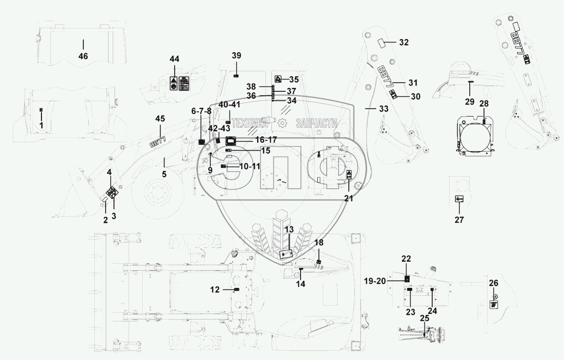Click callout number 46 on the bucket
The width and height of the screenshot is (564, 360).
83,56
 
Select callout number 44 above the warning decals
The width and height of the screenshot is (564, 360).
175,59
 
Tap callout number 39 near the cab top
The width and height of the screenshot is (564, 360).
237,55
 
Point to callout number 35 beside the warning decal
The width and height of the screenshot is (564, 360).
294,79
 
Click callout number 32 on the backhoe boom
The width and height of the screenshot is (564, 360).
404,42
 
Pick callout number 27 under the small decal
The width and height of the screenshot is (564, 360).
459,220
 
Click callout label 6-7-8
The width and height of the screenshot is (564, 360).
201,111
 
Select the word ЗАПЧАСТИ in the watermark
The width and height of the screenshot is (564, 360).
316,123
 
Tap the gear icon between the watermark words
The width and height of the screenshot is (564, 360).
283,123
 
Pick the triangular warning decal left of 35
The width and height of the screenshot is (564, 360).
278,79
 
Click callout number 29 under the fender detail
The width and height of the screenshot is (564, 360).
469,102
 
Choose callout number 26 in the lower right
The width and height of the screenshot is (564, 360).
494,283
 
